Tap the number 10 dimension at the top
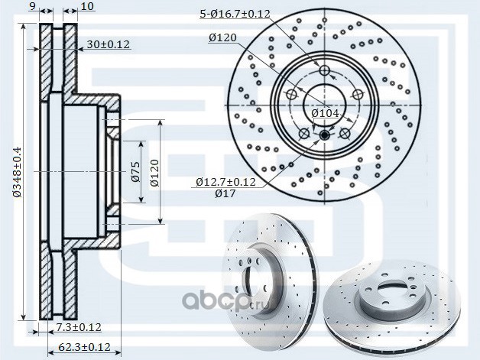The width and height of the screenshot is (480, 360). click(x=86, y=7)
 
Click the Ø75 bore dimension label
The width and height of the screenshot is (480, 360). click(x=135, y=173)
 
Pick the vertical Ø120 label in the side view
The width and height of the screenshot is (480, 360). click(x=155, y=173)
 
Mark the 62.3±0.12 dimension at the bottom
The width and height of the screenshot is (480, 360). click(x=84, y=347)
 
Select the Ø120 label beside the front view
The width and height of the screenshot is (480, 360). click(x=222, y=37)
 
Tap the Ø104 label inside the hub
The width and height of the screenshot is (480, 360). click(x=324, y=113)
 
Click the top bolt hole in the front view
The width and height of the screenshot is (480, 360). click(x=324, y=71)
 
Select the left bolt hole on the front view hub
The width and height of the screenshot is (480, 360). click(x=290, y=95)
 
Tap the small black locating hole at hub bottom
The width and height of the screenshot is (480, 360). click(x=324, y=135)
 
